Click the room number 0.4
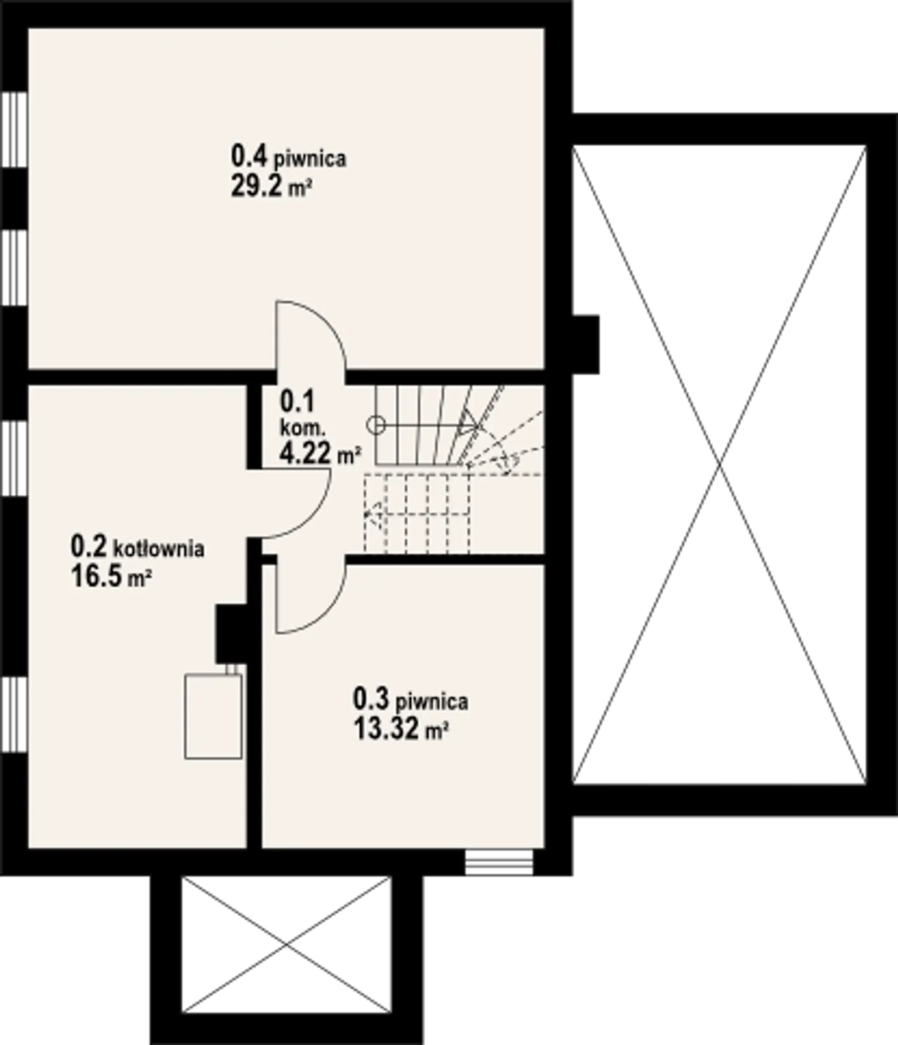(249, 156)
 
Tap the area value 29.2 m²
(271, 187)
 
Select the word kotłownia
(159, 548)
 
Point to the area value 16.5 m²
(112, 577)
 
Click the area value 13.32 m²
(401, 729)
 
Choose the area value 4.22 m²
(320, 453)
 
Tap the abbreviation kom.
(303, 429)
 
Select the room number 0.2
(89, 546)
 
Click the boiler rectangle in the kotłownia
(213, 716)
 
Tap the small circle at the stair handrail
(375, 425)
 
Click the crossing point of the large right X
(720, 464)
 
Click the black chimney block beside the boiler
(231, 633)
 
